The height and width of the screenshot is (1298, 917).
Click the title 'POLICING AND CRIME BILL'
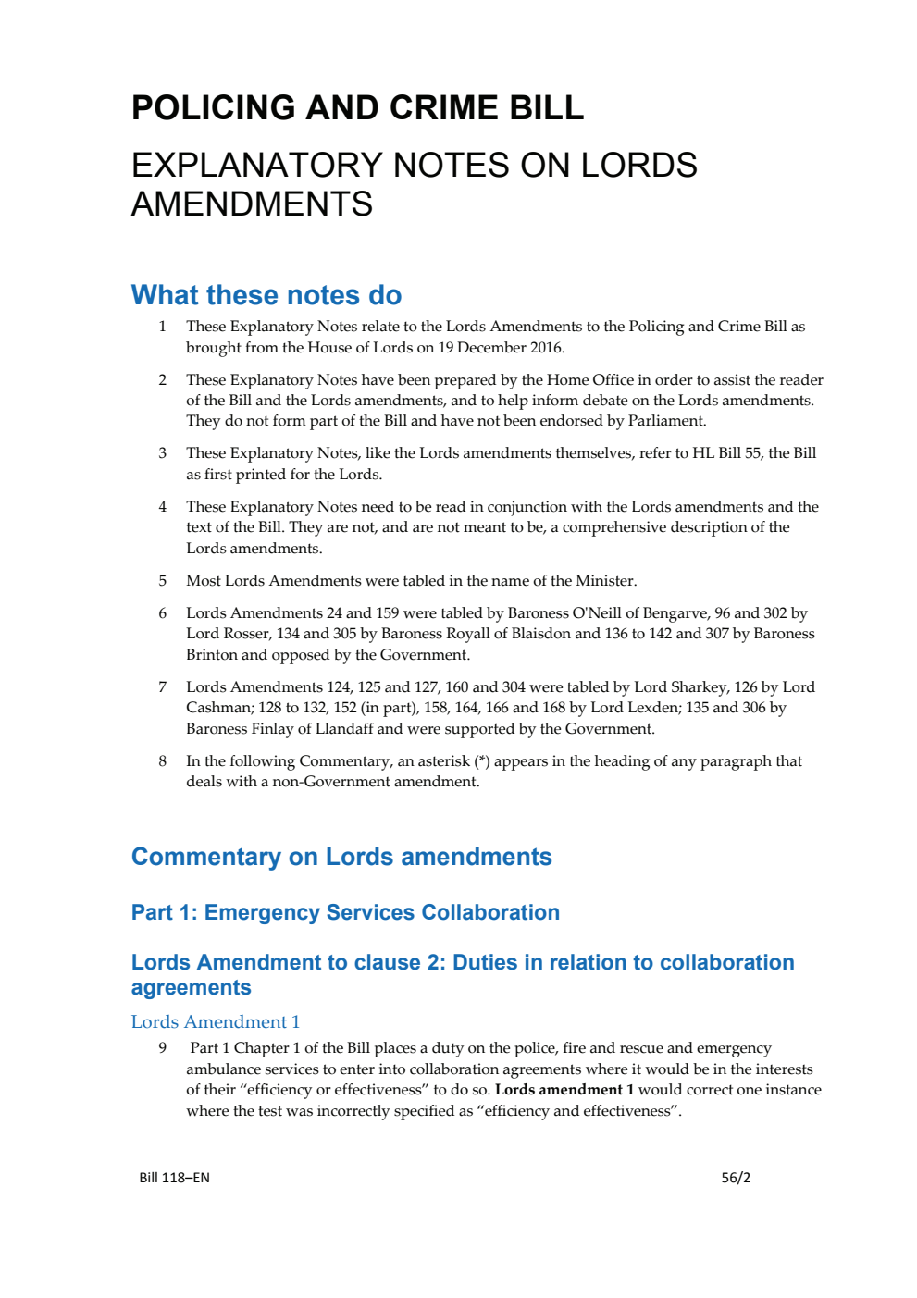click(357, 108)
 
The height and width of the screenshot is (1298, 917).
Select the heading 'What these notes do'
click(266, 295)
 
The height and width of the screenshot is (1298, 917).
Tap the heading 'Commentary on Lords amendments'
click(341, 857)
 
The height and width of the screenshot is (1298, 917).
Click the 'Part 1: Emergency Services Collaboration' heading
click(345, 912)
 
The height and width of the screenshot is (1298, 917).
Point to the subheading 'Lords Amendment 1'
click(215, 1021)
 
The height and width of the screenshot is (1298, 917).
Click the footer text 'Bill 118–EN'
click(174, 1178)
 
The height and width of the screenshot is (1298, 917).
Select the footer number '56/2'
click(736, 1178)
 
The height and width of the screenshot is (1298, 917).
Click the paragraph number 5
click(163, 581)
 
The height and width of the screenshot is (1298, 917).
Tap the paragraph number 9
click(163, 1048)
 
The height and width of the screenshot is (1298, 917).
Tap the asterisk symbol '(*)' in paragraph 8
click(481, 761)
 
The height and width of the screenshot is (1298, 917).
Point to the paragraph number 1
click(163, 327)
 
